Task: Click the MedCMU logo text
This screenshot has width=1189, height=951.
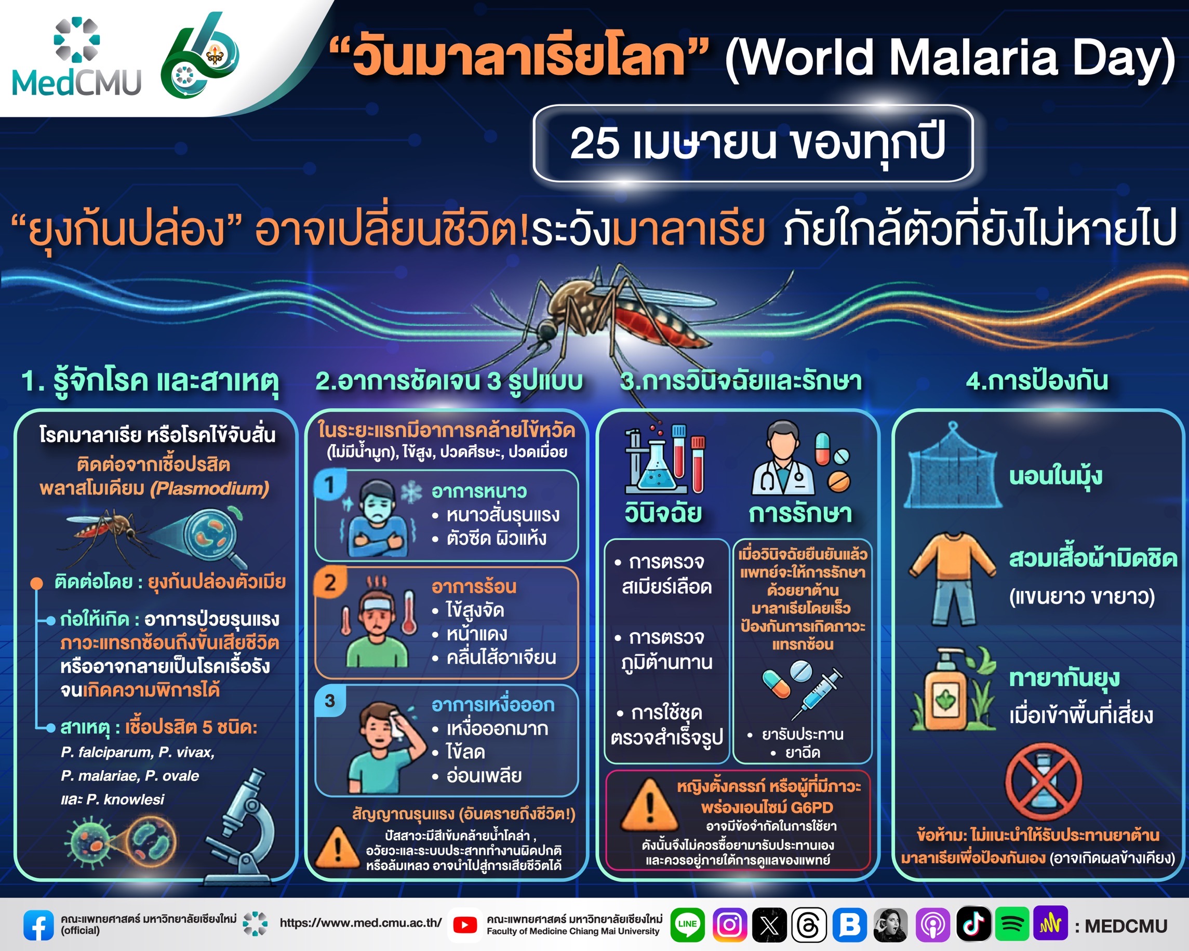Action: [x=76, y=83]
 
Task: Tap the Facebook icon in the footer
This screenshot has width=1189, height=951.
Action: [x=38, y=925]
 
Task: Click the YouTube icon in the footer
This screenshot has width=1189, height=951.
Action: [x=465, y=925]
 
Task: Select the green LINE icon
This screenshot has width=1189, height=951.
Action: [x=687, y=925]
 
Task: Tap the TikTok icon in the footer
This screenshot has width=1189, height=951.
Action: [x=973, y=924]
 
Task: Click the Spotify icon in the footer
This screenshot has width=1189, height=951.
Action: [x=1012, y=924]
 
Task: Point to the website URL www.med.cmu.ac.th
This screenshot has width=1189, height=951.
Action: [x=360, y=923]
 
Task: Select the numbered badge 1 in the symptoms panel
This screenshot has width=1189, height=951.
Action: [x=330, y=485]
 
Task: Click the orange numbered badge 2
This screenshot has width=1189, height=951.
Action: [x=330, y=582]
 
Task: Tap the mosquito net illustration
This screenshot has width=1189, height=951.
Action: [x=953, y=466]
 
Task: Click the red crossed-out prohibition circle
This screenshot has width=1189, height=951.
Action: [x=1044, y=781]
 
